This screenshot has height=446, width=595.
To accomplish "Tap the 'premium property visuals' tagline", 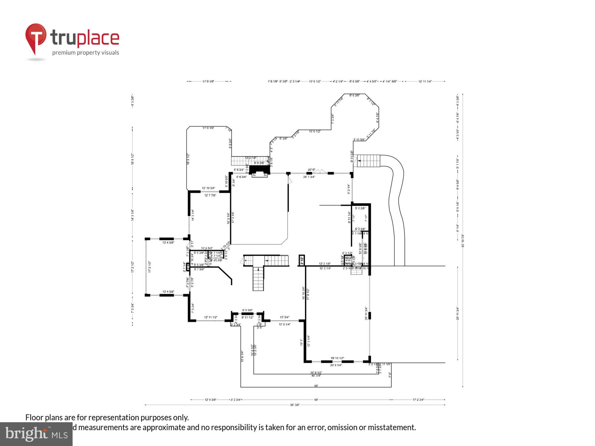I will pyautogui.click(x=86, y=53).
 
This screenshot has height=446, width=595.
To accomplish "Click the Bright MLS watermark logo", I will pyautogui.click(x=36, y=434).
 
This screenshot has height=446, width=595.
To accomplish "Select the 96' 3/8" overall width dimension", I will pyautogui.click(x=295, y=405).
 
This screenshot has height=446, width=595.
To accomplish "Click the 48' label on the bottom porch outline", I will pyautogui.click(x=316, y=386).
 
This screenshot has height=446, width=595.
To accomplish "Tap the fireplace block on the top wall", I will pyautogui.click(x=259, y=170).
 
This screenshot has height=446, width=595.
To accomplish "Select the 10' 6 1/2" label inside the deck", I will pyautogui.click(x=315, y=131).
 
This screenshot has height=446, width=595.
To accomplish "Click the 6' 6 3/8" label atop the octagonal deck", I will pyautogui.click(x=354, y=95).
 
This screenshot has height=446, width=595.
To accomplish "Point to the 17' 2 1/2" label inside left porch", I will pyautogui.click(x=150, y=267).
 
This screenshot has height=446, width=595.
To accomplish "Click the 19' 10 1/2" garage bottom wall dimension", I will pyautogui.click(x=337, y=358).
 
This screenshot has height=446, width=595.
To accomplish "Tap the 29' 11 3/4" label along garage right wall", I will pyautogui.click(x=366, y=313).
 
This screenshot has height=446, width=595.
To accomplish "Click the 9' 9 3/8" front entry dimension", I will pyautogui.click(x=247, y=310).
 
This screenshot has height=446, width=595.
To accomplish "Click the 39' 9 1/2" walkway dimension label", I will pyautogui.click(x=316, y=372).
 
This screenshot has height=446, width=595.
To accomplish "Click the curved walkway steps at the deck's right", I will pyautogui.click(x=369, y=161).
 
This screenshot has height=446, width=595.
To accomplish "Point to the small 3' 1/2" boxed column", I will pyautogui.click(x=302, y=260).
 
